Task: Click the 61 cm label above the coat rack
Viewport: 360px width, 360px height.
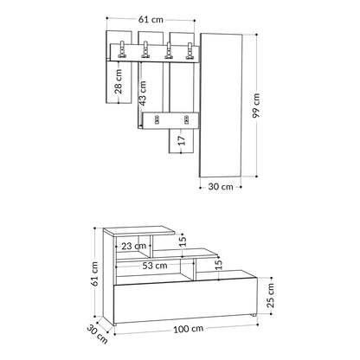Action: [x=151, y=19]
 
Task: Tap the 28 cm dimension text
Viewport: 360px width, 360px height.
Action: [x=119, y=81]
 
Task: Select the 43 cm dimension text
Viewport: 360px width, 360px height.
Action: [x=142, y=93]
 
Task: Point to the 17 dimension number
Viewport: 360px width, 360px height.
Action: [x=181, y=140]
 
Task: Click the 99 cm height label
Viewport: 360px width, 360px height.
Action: [x=256, y=106]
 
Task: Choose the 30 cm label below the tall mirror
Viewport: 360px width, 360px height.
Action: [x=221, y=187]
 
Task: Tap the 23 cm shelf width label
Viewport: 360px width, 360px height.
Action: [x=133, y=246]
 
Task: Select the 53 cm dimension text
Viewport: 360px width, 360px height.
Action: [x=155, y=266]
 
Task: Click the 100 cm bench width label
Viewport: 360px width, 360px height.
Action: [x=188, y=329]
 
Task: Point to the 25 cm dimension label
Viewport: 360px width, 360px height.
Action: [x=270, y=295]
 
